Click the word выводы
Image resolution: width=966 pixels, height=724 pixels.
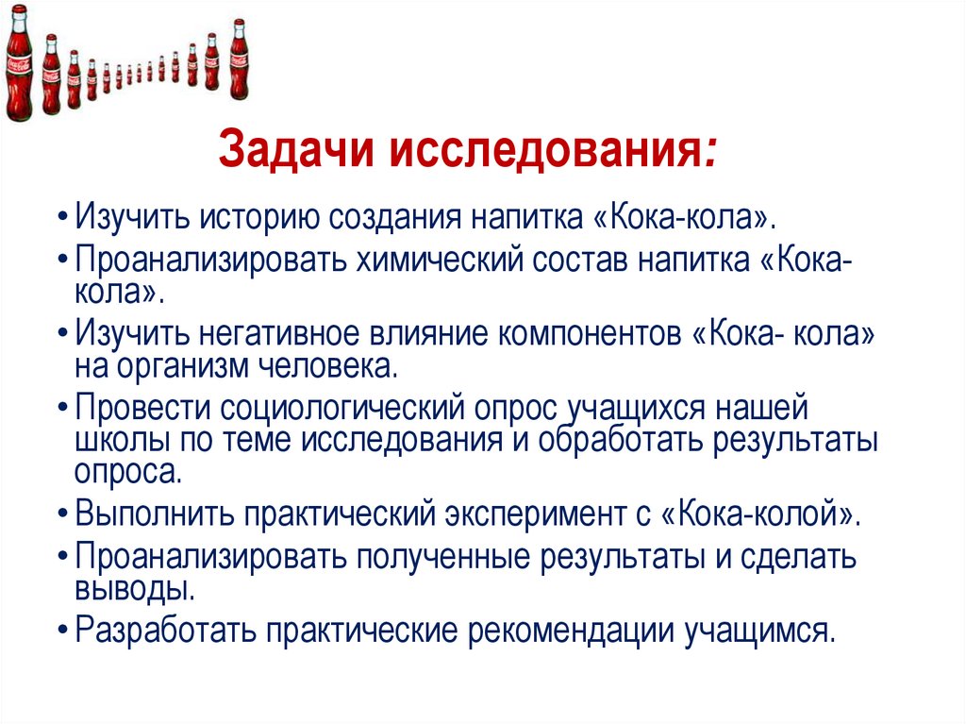134,588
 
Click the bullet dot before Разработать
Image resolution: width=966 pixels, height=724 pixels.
62,630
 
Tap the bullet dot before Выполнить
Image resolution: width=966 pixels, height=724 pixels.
62,514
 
